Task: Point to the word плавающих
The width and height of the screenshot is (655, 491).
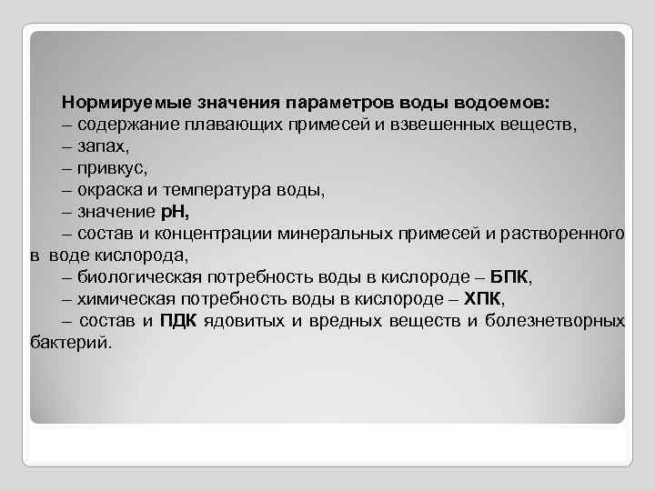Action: pyautogui.click(x=232, y=123)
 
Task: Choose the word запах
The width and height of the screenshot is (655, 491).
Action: pyautogui.click(x=104, y=145)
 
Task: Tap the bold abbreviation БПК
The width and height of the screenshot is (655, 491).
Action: pyautogui.click(x=509, y=276)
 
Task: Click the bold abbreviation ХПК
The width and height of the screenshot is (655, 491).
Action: pyautogui.click(x=481, y=298)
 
